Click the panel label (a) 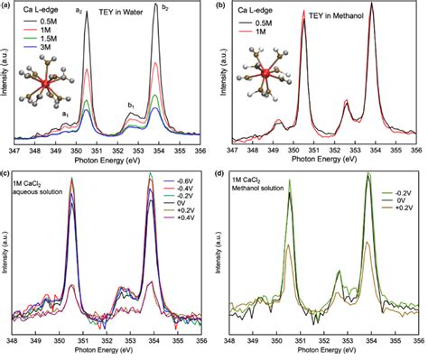[x=6, y=6]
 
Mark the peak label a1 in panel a [x=66, y=115]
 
